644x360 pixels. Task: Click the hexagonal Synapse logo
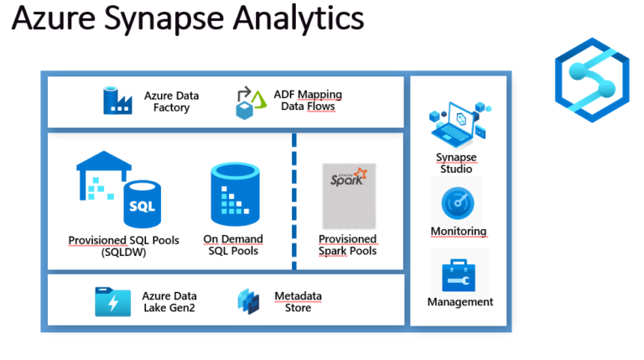pyautogui.click(x=591, y=75)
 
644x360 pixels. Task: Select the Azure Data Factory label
pyautogui.click(x=171, y=102)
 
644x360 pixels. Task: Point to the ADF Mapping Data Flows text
pyautogui.click(x=308, y=101)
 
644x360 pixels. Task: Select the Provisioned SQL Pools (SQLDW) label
pyautogui.click(x=124, y=245)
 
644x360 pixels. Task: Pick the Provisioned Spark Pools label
pyautogui.click(x=348, y=245)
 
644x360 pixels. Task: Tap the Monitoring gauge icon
pyautogui.click(x=459, y=204)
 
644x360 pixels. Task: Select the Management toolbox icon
pyautogui.click(x=460, y=272)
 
